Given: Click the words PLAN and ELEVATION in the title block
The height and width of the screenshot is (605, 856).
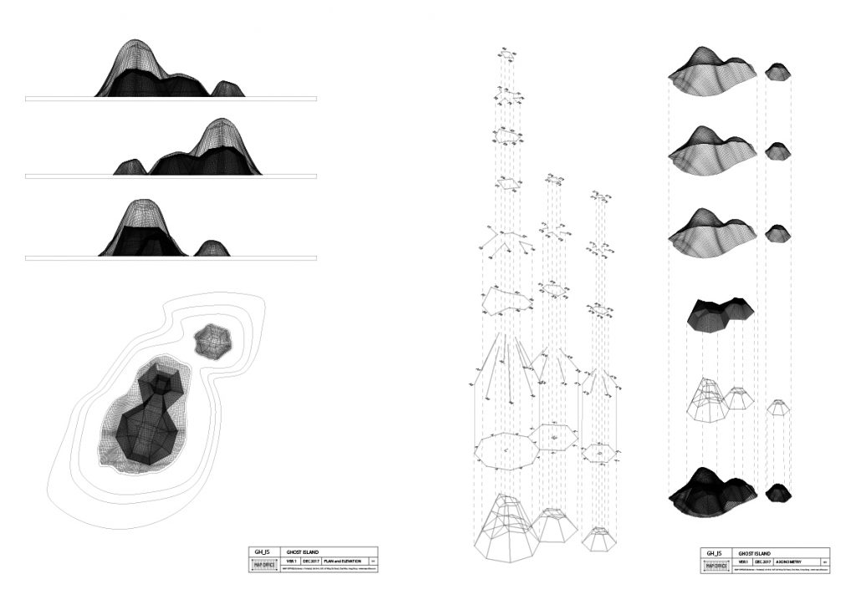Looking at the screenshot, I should click(x=343, y=562).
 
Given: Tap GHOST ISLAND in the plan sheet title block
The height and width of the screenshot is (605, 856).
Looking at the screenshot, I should click(x=303, y=552).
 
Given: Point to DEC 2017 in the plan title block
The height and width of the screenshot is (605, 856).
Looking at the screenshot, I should click(x=311, y=562).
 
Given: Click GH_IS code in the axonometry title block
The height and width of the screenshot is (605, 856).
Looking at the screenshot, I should click(x=712, y=552).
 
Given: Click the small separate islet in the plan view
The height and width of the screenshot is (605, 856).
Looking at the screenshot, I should click(x=212, y=341).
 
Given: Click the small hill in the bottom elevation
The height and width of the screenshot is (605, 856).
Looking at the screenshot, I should click(x=211, y=248).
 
